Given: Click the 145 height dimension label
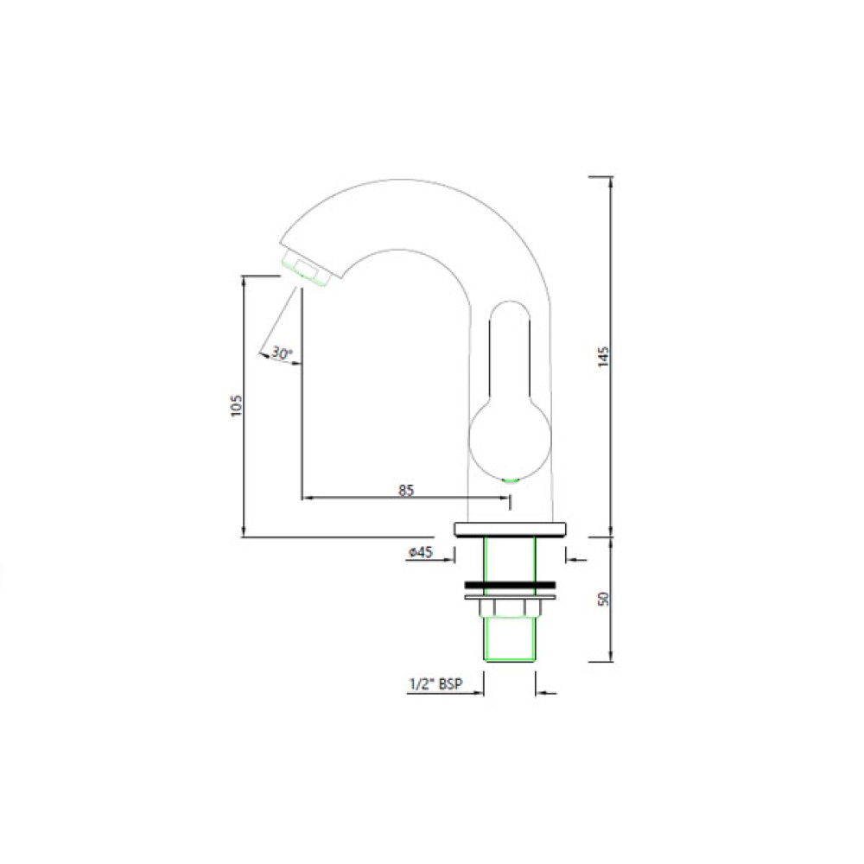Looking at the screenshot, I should click(604, 356).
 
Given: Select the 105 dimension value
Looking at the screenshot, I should click(237, 405).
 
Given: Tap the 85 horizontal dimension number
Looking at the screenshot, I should click(406, 490).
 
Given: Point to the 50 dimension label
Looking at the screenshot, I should click(604, 599).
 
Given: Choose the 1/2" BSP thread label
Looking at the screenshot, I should click(435, 684).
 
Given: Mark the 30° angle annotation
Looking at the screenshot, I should click(282, 353).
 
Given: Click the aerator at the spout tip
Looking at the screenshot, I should click(307, 270).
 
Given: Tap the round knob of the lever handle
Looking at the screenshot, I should click(510, 439).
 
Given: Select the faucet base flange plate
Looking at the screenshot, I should click(510, 529).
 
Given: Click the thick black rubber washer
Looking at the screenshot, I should click(510, 585).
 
